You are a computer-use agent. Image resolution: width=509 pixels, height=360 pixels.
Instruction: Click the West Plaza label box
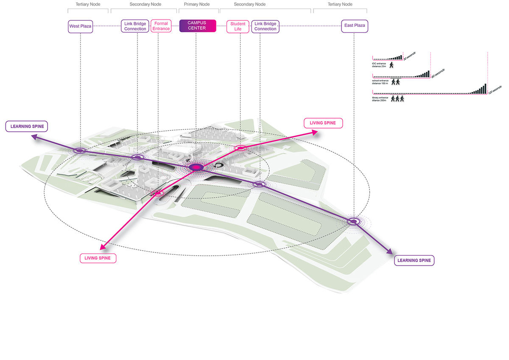tap(80, 26)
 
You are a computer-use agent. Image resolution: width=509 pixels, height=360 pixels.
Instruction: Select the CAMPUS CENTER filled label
tap(198, 26)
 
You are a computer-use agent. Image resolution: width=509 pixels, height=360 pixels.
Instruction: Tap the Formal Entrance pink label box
tap(161, 26)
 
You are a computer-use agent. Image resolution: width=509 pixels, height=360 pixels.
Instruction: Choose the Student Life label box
tap(238, 26)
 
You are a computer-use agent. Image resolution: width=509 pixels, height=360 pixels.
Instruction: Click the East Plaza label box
tap(354, 26)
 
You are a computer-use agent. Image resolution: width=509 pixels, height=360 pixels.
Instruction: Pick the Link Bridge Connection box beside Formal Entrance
tap(135, 26)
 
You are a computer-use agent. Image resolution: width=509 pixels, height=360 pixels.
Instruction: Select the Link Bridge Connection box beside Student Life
tap(265, 26)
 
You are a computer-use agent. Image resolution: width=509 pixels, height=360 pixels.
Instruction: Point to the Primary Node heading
tap(197, 4)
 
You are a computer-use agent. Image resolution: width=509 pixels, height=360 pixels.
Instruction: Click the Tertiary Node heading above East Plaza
tap(340, 4)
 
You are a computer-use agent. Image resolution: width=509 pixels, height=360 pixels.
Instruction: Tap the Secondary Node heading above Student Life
tap(250, 4)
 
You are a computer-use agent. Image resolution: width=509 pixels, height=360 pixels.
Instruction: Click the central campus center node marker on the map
tap(196, 167)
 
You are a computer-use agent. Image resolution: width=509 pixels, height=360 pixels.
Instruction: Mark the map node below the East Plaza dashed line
tap(353, 221)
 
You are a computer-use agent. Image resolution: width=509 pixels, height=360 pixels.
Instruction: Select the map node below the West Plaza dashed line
tap(80, 150)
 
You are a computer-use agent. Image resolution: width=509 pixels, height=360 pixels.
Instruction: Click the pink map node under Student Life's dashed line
tap(240, 148)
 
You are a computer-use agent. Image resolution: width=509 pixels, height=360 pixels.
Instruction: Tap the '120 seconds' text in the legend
tap(495, 89)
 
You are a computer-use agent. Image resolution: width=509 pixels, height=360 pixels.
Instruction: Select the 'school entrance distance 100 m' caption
tap(380, 82)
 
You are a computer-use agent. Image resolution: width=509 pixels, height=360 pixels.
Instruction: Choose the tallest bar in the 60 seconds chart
tap(428, 73)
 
